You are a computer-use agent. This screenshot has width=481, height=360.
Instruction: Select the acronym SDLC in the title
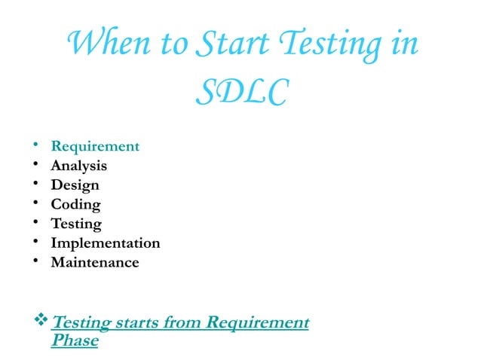point(240,93)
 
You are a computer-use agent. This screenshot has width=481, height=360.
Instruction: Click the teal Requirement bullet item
point(95,146)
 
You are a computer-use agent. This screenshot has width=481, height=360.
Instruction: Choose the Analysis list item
point(78,166)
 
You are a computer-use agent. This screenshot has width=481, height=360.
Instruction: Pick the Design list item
point(75,185)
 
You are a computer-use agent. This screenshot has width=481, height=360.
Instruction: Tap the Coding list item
point(75,205)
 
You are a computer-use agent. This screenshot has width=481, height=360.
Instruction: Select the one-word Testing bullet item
point(76,224)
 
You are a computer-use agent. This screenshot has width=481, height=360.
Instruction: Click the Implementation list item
point(105,243)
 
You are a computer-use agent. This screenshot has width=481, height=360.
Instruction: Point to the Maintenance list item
point(94,263)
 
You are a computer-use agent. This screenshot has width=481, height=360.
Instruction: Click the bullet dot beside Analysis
point(35,166)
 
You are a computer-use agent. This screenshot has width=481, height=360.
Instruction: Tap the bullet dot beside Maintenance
point(35,263)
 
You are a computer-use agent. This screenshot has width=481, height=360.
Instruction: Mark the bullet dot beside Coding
point(35,205)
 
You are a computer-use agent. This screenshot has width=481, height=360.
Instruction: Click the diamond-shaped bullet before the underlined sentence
point(41,323)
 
